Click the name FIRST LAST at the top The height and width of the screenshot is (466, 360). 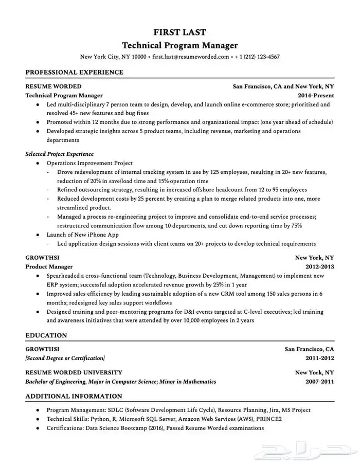point(179,32)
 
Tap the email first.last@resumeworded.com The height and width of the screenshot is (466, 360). point(191,57)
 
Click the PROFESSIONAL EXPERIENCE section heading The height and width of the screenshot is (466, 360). point(74,72)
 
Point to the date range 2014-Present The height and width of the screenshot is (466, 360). point(316,95)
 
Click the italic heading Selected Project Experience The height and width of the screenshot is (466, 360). point(59,154)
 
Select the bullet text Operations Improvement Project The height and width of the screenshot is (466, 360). point(89,163)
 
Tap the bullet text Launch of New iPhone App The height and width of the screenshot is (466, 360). point(82,235)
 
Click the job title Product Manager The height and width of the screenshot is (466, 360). point(49,267)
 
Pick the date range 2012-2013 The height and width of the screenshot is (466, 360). point(319,267)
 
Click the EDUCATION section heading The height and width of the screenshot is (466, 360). point(46,335)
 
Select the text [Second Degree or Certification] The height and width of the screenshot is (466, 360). point(65,358)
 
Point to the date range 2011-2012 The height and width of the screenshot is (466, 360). point(319,358)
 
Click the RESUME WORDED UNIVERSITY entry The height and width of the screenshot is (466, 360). point(74,372)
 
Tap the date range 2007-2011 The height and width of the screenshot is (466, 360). point(319,382)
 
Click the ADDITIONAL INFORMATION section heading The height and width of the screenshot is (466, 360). point(74,396)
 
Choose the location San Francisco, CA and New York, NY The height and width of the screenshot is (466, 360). point(283,86)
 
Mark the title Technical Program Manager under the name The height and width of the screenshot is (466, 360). point(179,45)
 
